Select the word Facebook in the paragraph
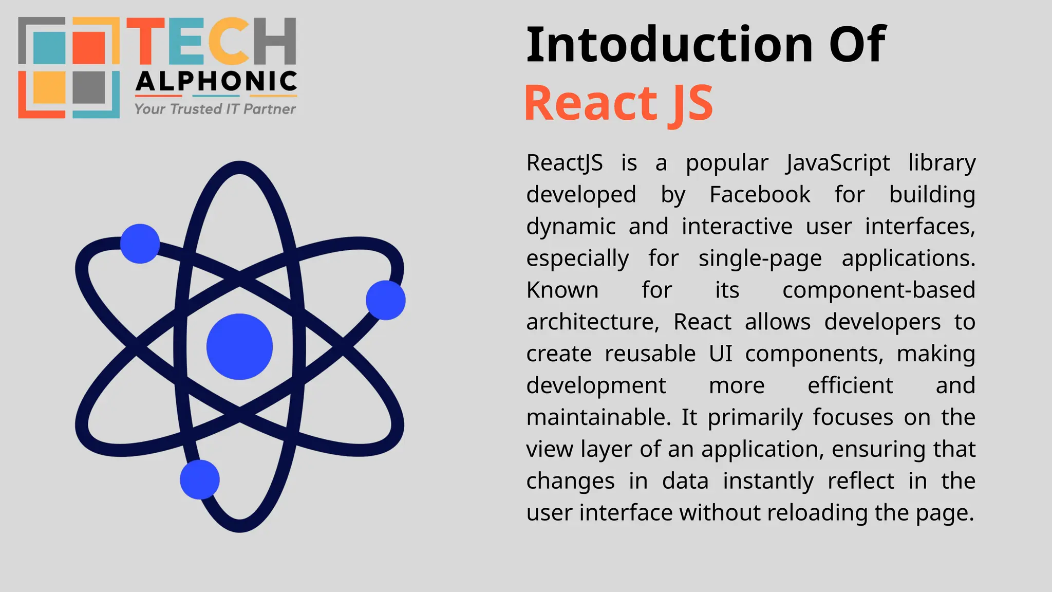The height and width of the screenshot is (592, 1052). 760,195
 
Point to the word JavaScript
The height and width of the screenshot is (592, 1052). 838,163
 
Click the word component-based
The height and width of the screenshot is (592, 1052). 878,290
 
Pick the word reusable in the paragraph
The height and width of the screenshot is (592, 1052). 650,354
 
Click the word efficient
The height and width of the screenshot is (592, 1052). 850,386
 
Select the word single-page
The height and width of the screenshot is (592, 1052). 760,258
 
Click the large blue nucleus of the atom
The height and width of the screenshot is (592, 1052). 239,347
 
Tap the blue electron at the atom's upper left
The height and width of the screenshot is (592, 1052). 140,244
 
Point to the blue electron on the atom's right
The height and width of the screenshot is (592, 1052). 386,300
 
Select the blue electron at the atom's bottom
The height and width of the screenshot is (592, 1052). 200,479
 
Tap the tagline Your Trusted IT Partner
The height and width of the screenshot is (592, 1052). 215,109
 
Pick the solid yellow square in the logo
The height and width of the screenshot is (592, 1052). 49,87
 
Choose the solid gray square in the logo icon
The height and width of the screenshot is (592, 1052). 89,87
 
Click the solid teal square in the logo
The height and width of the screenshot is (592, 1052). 49,47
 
